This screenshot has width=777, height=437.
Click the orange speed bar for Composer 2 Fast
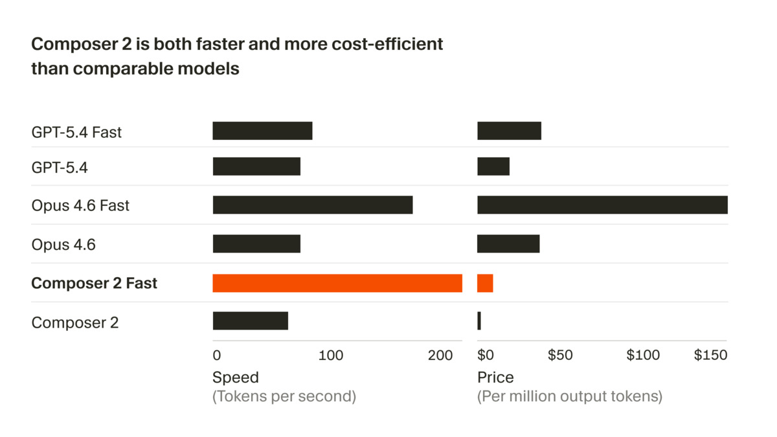337,283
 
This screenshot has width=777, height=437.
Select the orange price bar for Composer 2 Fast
485,283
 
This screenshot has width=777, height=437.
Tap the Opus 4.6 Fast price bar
602,205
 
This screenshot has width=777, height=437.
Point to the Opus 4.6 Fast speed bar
312,205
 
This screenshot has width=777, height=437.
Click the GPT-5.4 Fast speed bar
262,131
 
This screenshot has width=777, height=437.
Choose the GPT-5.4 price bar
493,166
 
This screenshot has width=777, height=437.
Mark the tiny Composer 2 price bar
479,321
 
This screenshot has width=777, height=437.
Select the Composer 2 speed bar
250,321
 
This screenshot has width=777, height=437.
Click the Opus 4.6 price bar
508,243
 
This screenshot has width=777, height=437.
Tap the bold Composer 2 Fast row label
94,284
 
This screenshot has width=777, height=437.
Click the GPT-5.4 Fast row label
76,132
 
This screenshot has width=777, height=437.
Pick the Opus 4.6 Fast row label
80,206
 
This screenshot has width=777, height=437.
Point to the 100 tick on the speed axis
331,355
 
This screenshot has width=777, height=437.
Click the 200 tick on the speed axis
440,355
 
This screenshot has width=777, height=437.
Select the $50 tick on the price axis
560,355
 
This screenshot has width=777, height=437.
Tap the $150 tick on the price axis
710,355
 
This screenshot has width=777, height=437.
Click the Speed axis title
235,377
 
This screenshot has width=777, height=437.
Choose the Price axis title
495,377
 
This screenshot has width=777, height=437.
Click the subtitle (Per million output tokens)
569,396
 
